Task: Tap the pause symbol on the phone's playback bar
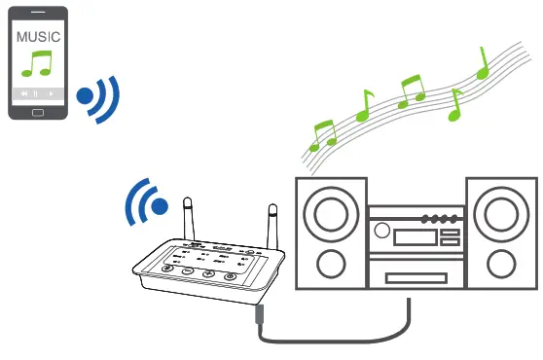tap(36, 93)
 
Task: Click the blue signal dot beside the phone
tap(86, 96)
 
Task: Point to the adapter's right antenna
tap(272, 223)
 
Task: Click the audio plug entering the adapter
tap(259, 313)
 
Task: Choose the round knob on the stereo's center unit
tap(382, 232)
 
